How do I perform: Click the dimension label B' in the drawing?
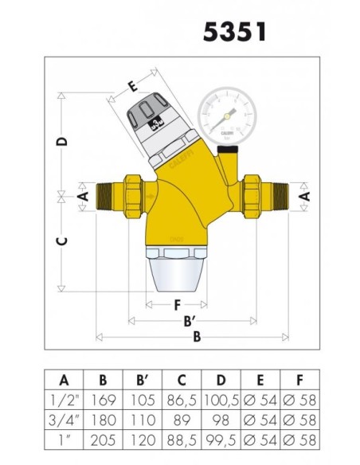190,322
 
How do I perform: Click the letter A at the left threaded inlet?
82,194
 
